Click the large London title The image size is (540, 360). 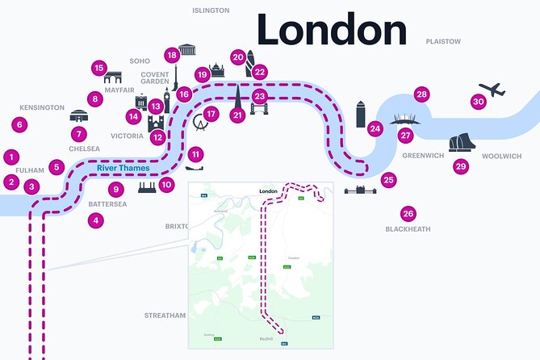[x=332, y=30]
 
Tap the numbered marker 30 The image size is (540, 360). [x=479, y=102]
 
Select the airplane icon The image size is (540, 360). [x=491, y=89]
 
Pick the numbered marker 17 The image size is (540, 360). [x=211, y=114]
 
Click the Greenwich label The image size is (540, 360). [x=423, y=155]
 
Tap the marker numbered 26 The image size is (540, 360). [x=408, y=214]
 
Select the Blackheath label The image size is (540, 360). [x=408, y=229]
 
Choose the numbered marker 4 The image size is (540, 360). [x=96, y=220]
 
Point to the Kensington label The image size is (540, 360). [x=41, y=107]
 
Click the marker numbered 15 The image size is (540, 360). [x=99, y=68]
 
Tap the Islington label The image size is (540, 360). [x=211, y=10]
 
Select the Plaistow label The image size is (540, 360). [x=443, y=41]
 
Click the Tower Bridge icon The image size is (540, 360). [x=259, y=107]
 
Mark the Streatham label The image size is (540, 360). [x=165, y=315]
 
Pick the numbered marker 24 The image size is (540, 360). [x=375, y=128]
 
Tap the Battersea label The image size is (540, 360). [x=107, y=204]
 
